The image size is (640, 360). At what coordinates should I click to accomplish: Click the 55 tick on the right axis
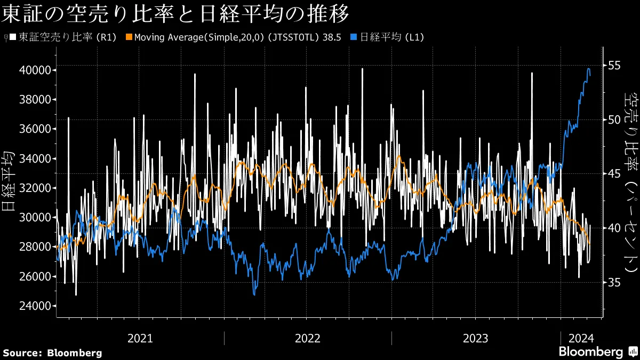click(x=614, y=65)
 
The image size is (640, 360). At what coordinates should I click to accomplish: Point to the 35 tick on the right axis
click(x=614, y=282)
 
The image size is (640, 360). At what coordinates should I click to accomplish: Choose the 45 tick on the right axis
click(x=614, y=173)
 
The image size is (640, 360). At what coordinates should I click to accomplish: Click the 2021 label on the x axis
click(x=140, y=338)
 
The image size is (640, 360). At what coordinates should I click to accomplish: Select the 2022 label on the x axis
click(x=308, y=338)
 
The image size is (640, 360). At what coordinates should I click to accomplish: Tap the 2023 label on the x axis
click(x=475, y=338)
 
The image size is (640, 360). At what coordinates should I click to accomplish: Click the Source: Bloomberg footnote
click(x=52, y=353)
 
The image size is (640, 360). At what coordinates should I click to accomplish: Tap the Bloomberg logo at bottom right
click(x=597, y=352)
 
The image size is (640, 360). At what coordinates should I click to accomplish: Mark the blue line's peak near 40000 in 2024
click(x=588, y=69)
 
